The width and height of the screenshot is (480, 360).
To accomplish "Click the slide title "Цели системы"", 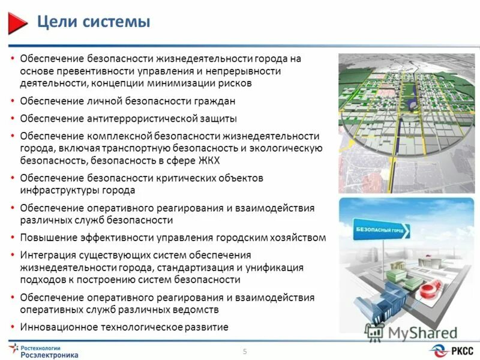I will [x=94, y=23].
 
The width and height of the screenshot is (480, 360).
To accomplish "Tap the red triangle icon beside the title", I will [x=19, y=23].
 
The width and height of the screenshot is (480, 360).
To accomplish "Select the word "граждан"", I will [x=210, y=101].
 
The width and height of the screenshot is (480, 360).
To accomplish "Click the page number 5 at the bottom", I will [x=245, y=351].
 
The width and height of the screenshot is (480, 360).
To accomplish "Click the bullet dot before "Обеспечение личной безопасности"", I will [x=13, y=101].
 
